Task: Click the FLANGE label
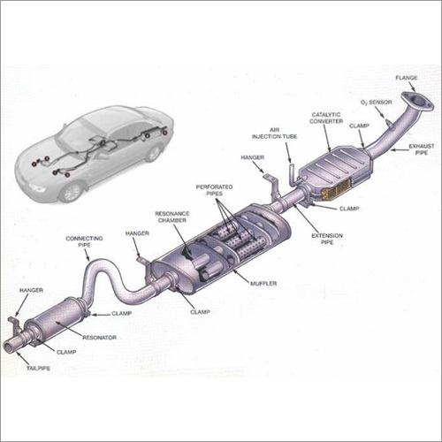[407, 78]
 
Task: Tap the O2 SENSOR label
[377, 103]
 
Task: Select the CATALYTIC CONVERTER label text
[326, 118]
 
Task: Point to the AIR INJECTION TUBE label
[274, 133]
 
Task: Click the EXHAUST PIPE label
[422, 149]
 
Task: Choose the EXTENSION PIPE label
[327, 239]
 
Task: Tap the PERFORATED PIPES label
[214, 190]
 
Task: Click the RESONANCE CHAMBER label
[172, 217]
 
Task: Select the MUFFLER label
[263, 284]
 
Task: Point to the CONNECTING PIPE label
[84, 241]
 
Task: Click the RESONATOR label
[99, 338]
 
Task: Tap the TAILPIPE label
[38, 368]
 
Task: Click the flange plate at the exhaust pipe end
[418, 102]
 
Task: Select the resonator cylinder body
[56, 320]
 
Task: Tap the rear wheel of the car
[153, 153]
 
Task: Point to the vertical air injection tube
[291, 174]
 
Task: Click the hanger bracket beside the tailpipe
[15, 325]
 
